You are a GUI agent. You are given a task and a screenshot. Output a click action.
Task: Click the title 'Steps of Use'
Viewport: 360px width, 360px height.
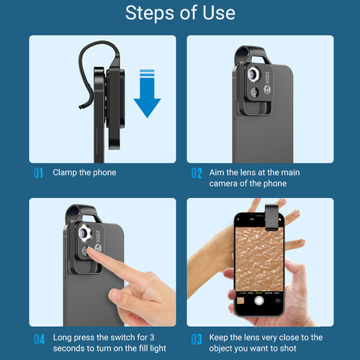[179, 14]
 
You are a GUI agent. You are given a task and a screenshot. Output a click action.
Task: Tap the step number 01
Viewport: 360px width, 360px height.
[38, 173]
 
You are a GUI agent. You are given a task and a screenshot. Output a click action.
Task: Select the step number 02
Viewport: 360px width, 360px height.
[197, 173]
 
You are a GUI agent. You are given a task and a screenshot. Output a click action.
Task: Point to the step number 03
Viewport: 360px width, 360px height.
[197, 338]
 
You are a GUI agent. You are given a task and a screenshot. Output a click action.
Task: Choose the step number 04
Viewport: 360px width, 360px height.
[39, 338]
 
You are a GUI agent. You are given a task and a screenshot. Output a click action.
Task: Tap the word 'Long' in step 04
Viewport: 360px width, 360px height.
[64, 338]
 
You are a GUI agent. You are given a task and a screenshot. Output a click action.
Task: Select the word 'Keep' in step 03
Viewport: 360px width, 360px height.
[220, 338]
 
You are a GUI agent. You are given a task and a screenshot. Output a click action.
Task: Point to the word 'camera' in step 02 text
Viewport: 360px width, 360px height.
[225, 184]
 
